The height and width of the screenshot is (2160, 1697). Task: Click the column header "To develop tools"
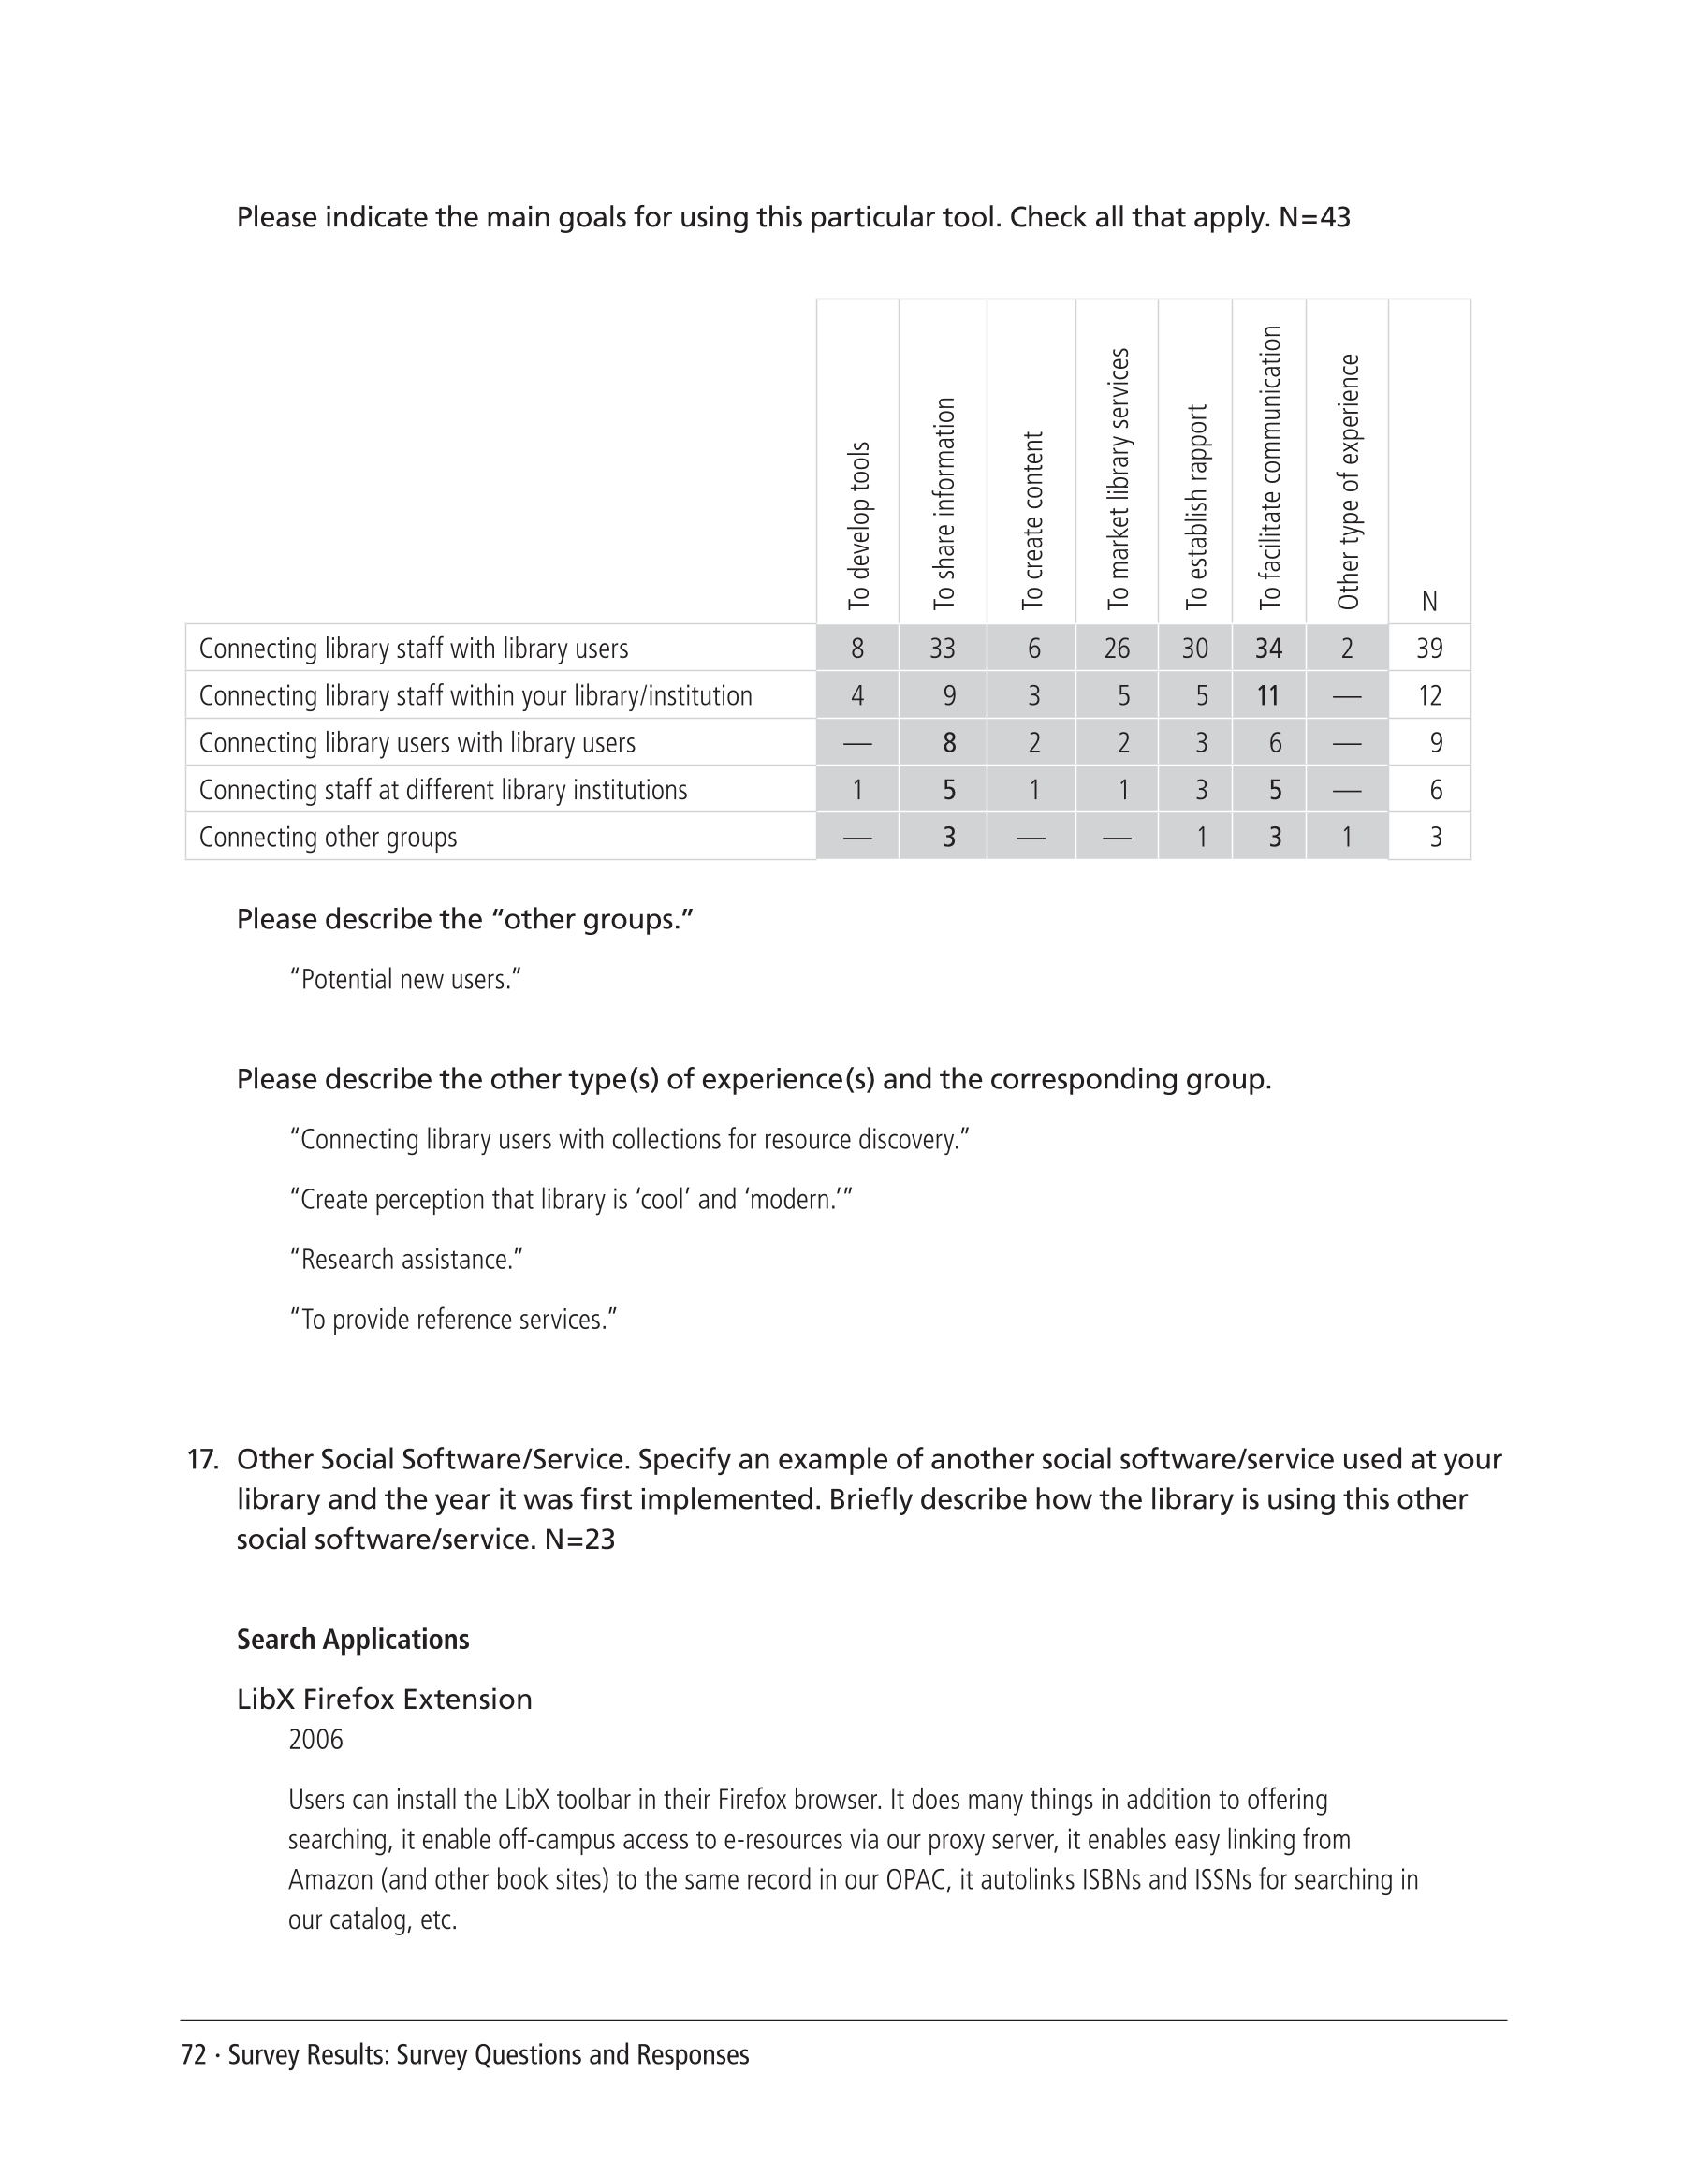(859, 525)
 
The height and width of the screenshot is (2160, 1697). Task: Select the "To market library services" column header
(1118, 478)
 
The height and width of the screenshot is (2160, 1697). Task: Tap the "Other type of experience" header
(1347, 481)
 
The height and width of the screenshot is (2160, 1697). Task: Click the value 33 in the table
(942, 649)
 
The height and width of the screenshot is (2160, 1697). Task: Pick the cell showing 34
(1269, 649)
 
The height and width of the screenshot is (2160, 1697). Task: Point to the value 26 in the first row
(1117, 649)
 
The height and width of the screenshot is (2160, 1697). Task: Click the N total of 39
(1428, 649)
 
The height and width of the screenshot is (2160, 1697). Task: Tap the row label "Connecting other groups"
(328, 838)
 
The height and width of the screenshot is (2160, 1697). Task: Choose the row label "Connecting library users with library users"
(417, 743)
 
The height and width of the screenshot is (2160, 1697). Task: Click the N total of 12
(1428, 695)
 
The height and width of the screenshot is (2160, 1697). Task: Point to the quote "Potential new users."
(405, 980)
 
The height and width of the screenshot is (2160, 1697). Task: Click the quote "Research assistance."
(406, 1260)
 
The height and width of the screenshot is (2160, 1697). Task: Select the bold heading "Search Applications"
(353, 1640)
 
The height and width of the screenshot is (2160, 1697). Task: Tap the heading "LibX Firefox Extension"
(384, 1699)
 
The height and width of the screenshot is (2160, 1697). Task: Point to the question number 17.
(201, 1460)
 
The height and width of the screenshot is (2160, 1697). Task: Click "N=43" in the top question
(1313, 217)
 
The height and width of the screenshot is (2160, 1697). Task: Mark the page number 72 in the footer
(193, 2054)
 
